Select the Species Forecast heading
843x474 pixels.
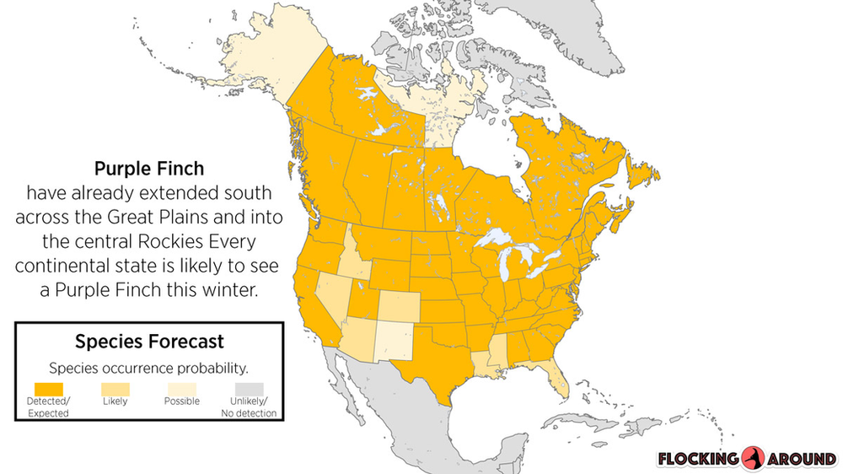coord(149,342)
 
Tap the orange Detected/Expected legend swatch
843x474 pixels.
coord(48,387)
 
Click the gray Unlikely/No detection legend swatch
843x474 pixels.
coord(249,387)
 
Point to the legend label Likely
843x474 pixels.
coord(115,401)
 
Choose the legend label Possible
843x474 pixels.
coord(181,401)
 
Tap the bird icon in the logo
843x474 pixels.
coord(753,459)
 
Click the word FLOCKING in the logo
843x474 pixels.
coord(699,460)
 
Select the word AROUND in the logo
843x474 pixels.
coord(803,460)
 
